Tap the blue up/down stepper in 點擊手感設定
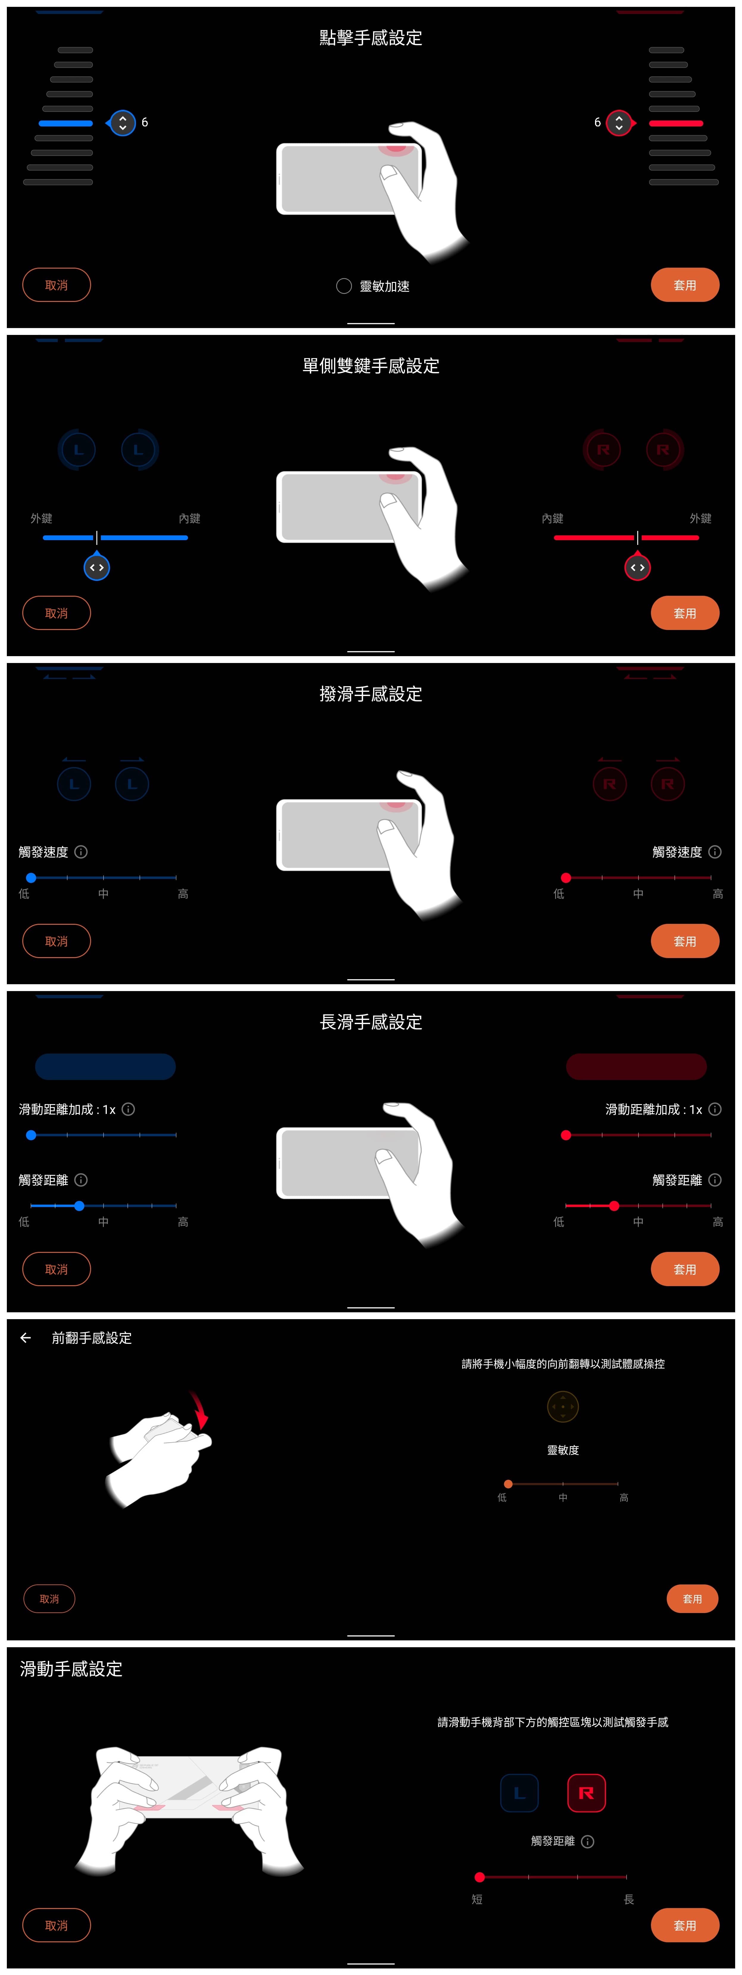[x=123, y=123]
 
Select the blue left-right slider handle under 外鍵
[x=97, y=567]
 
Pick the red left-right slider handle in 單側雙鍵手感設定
[x=637, y=567]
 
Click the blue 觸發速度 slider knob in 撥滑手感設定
[x=31, y=878]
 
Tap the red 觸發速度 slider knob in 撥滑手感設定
[x=566, y=878]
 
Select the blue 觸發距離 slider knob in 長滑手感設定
[x=79, y=1206]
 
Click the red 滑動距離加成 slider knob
[x=566, y=1135]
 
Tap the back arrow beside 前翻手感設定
[x=25, y=1338]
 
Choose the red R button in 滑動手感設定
[x=586, y=1793]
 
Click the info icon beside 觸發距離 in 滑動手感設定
[x=588, y=1841]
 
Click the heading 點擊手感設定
[x=371, y=37]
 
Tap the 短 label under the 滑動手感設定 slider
[x=477, y=1899]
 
